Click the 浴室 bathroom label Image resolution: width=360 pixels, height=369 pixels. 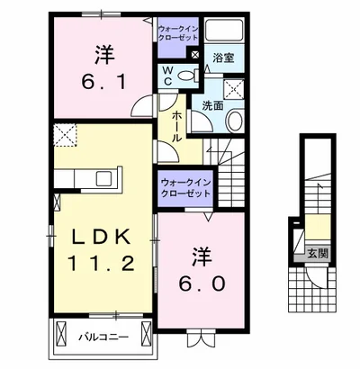pos(223,58)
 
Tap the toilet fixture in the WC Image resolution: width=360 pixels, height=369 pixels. pos(188,75)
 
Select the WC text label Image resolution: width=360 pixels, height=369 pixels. pos(168,76)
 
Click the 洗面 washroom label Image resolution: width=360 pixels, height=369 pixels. pos(212,105)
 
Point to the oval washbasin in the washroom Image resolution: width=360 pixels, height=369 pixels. pos(235,121)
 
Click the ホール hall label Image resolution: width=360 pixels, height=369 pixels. pos(177,126)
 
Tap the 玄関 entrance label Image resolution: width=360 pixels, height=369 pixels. pos(318,254)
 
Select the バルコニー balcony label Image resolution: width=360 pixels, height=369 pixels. pos(103,337)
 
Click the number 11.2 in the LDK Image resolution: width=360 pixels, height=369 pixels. pos(101,264)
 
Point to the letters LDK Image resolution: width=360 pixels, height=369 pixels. pos(100,237)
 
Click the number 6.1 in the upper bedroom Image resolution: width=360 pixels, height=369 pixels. pos(103,82)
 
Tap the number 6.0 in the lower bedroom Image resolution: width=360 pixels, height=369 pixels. pos(202,283)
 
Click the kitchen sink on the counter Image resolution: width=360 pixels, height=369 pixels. pos(103,179)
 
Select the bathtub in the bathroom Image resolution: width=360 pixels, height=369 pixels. pos(224,31)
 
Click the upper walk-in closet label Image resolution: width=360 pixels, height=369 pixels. pos(178,33)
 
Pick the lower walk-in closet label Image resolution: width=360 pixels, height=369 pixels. pos(185,187)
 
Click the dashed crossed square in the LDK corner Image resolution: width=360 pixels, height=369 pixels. pos(66,135)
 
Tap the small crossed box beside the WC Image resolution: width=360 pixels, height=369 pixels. pos(195,55)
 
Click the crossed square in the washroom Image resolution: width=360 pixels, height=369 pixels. pos(234,89)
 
